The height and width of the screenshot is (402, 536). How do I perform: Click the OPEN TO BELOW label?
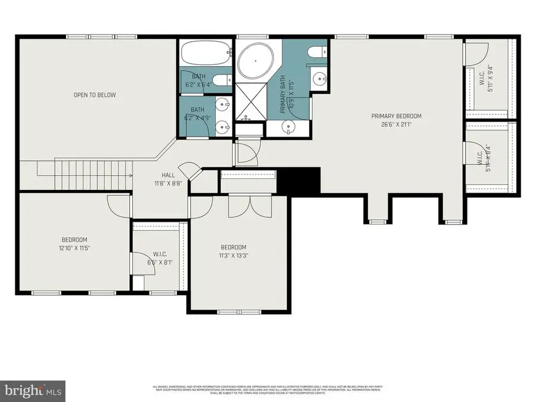(95, 95)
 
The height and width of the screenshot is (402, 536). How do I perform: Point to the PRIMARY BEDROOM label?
(396, 116)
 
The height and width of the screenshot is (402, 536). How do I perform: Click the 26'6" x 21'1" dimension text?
(396, 124)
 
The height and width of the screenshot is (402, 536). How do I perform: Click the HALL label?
(168, 175)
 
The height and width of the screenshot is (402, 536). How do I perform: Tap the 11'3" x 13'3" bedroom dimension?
(233, 256)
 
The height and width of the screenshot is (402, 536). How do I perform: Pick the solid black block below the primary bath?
(300, 177)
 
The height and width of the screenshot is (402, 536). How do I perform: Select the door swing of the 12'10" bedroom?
(117, 204)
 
